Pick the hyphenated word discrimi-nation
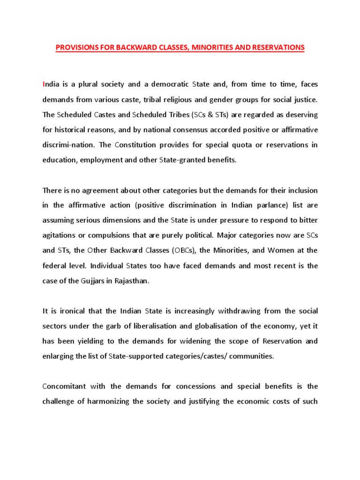(65, 145)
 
